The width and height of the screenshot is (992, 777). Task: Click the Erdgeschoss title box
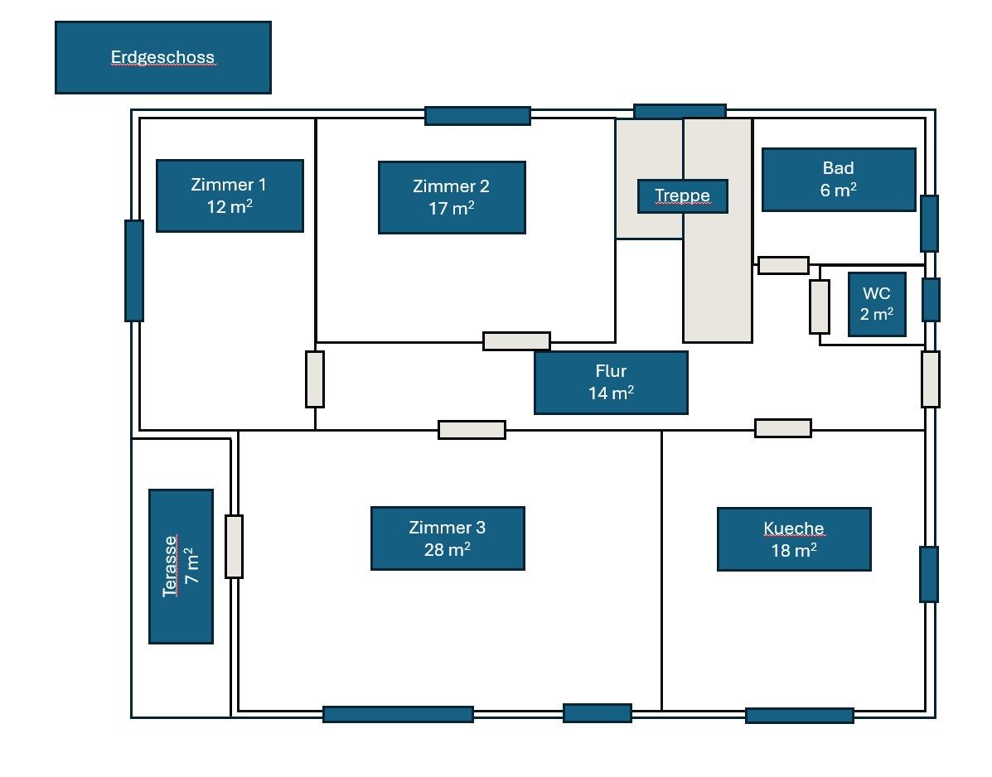162,57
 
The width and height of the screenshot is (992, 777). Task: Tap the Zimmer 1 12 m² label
230,195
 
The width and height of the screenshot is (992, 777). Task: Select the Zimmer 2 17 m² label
452,197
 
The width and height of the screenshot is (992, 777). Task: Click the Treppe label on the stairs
683,196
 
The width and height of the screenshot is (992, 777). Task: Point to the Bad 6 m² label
839,180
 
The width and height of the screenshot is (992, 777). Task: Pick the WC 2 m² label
877,304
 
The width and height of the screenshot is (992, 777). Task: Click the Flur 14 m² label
611,382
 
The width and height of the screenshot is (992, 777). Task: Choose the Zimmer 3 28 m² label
448,538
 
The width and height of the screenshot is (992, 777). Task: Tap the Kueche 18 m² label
794,539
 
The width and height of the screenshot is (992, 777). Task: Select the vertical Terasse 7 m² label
181,566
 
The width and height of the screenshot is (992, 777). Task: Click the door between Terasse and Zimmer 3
235,546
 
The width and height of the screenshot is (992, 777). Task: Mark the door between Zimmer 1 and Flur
315,379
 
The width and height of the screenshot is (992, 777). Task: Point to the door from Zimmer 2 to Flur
516,340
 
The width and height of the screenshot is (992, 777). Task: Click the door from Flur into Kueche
783,427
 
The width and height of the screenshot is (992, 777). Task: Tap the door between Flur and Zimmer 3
472,429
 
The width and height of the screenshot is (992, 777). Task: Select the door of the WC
820,306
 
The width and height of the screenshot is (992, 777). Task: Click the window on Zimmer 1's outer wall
134,270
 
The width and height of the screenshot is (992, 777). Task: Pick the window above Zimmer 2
477,115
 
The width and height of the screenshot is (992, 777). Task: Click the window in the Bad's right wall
930,223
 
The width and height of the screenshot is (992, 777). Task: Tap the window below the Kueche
799,715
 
